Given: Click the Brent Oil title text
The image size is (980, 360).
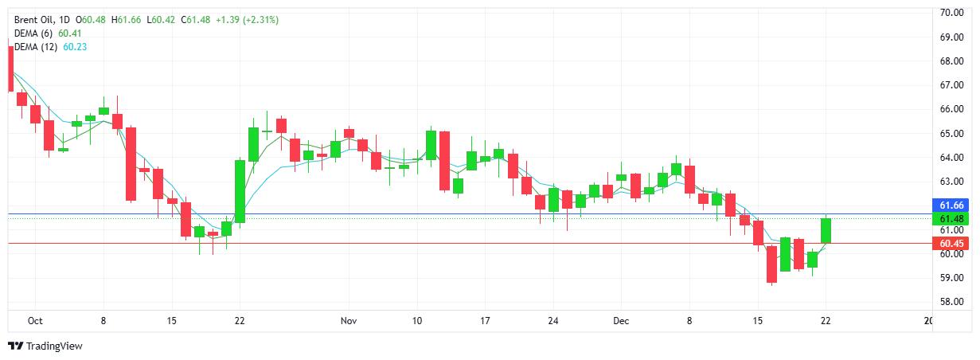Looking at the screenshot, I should point(37,19).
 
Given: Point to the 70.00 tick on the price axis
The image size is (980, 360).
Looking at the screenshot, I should point(952,13).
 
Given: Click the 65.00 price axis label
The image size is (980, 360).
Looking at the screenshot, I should point(952,134).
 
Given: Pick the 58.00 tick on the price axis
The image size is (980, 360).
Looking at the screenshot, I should point(952,302).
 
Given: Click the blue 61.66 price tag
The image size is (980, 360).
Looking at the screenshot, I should point(952,205).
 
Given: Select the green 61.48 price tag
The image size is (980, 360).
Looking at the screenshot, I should point(952,219).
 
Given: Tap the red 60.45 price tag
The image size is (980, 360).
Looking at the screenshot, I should point(952,244).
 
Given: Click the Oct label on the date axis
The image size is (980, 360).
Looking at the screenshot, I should point(34,321).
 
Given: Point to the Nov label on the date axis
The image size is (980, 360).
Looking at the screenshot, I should point(348,321).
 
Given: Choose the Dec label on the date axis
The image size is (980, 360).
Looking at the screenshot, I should point(621,321).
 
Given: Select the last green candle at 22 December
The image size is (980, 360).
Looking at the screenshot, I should point(826,230).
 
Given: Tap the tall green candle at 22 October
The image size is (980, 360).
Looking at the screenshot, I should point(240,191).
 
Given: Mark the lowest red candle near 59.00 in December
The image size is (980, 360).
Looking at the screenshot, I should point(771,264).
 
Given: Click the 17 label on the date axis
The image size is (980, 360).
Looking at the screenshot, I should point(485,321).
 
